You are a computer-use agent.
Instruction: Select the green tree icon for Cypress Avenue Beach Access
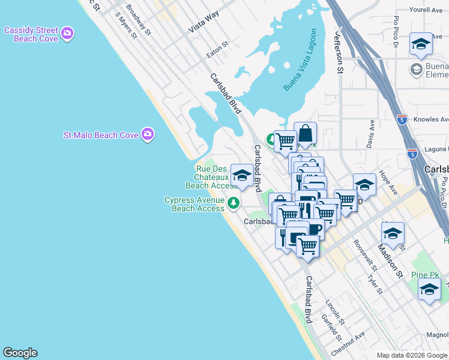234,203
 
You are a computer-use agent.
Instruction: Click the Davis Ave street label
371,134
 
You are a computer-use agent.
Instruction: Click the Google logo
20,353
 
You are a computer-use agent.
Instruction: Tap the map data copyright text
411,355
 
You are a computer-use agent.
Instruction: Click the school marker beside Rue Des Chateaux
242,175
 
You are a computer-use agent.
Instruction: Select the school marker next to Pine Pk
429,290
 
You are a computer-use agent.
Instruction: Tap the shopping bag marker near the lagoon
305,133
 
